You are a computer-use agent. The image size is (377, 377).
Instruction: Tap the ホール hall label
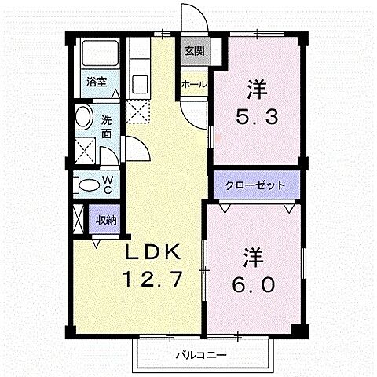194,84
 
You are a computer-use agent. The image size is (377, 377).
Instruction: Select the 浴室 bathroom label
97,81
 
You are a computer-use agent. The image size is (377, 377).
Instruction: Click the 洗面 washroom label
107,127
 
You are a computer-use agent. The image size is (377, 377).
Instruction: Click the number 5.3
255,119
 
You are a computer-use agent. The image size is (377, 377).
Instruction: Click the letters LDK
155,253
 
